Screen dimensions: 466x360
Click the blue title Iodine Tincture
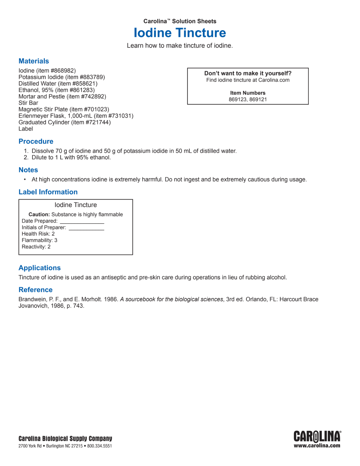(180, 33)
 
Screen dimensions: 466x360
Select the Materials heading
(34, 61)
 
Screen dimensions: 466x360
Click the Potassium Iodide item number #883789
(91, 77)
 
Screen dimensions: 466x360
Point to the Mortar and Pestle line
(62, 97)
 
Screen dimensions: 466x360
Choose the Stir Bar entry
(28, 103)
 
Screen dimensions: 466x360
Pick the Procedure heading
(36, 142)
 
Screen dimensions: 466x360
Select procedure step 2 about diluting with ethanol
(71, 158)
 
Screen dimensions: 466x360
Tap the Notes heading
(28, 170)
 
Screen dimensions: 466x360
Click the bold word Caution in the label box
(39, 215)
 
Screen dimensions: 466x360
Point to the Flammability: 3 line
(39, 240)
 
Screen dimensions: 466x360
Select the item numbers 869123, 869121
(248, 100)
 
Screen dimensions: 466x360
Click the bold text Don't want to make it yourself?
(248, 74)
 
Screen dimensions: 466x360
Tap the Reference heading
(35, 290)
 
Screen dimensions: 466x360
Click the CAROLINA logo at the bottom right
(317, 437)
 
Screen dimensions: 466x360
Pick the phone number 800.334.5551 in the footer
(100, 446)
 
